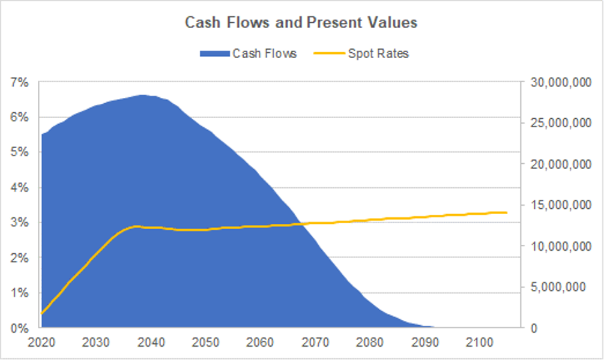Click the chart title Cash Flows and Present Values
coord(301,23)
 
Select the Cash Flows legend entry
coord(248,53)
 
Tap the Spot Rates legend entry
coord(361,53)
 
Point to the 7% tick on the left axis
coord(20,82)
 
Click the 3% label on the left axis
coord(20,223)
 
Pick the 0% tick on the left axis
coord(20,328)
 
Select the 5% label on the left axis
coord(20,152)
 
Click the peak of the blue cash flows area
coord(142,95)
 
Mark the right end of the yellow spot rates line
coord(507,212)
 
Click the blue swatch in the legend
coord(214,53)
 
